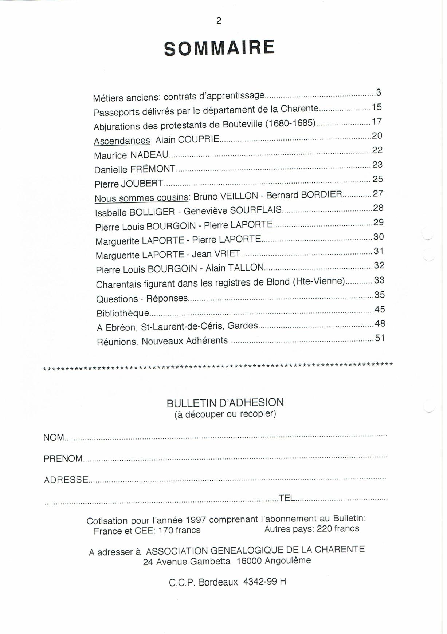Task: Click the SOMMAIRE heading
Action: (x=219, y=48)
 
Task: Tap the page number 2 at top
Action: (x=219, y=21)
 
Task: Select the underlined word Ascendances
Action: (x=122, y=141)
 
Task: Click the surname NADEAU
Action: (x=149, y=155)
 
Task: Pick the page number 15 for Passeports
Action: (x=376, y=107)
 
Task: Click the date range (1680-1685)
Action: (x=290, y=123)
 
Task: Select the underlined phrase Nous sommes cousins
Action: (x=141, y=198)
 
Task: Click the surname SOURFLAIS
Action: (x=256, y=210)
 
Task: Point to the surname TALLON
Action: (x=246, y=268)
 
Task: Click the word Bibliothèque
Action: (x=123, y=313)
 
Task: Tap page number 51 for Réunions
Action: (x=380, y=338)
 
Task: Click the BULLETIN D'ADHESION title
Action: (x=225, y=403)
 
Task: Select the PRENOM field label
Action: (x=63, y=458)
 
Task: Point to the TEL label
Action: (x=287, y=498)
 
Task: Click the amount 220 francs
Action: (x=338, y=528)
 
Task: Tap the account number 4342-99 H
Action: (x=264, y=582)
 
